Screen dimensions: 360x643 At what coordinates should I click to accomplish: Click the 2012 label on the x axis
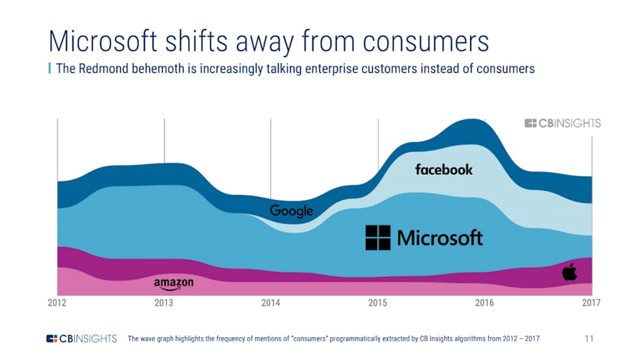[57, 303]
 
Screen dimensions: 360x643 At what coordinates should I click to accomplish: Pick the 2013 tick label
[164, 303]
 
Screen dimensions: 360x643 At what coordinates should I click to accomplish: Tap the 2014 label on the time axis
[271, 303]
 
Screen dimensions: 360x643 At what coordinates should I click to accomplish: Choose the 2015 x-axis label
[377, 303]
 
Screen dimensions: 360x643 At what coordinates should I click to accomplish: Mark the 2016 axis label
[484, 303]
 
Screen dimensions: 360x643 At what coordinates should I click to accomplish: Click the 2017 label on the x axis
[591, 303]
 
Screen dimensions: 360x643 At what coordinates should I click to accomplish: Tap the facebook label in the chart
[444, 169]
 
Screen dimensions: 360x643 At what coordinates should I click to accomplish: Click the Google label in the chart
[291, 211]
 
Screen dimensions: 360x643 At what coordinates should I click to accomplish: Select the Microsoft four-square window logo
[378, 238]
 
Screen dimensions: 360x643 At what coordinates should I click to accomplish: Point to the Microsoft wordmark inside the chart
[440, 238]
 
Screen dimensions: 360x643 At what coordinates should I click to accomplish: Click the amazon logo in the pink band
[174, 284]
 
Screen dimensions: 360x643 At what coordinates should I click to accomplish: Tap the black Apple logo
[569, 271]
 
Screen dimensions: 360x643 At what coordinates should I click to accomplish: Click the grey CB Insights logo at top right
[562, 123]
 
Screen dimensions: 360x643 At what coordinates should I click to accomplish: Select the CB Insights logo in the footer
[81, 338]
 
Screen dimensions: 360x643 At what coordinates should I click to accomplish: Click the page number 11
[589, 338]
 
